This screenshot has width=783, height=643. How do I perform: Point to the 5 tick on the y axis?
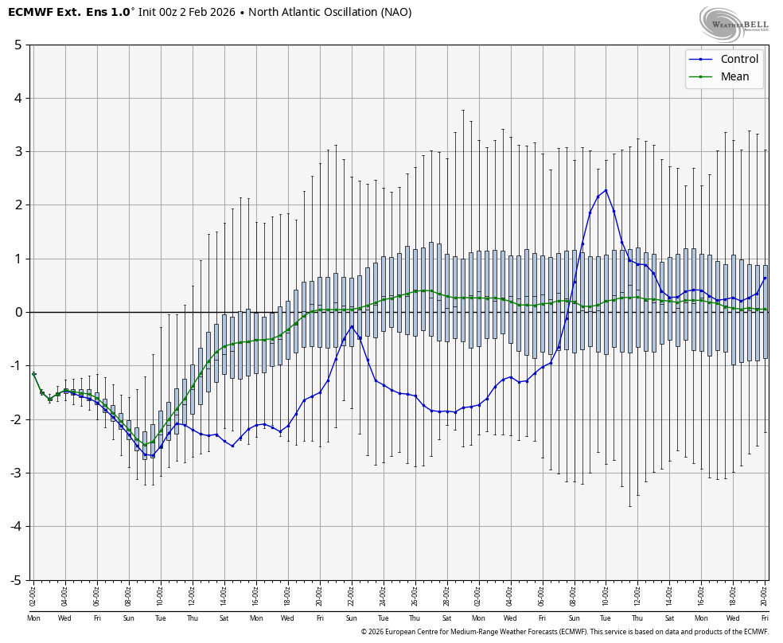pos(18,45)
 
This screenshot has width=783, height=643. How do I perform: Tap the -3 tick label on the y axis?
pos(16,473)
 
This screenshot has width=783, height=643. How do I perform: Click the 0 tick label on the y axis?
pos(18,312)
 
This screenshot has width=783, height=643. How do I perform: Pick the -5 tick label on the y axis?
pos(16,580)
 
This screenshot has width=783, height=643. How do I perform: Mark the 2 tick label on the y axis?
pos(18,205)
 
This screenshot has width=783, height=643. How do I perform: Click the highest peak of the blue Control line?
pos(606,189)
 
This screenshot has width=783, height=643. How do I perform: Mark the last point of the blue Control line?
pos(765,278)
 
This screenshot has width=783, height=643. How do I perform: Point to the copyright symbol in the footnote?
pos(364,632)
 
